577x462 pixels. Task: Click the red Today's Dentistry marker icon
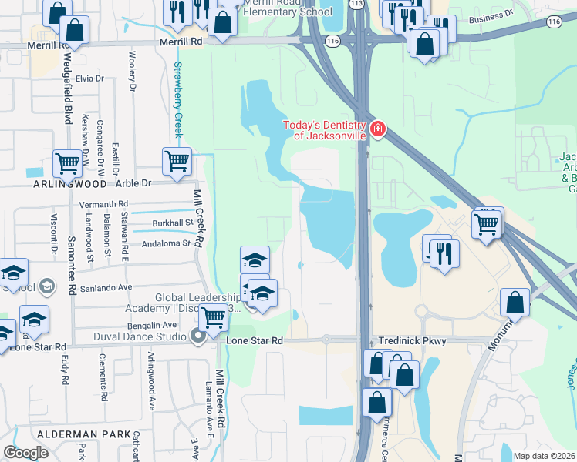pyautogui.click(x=377, y=129)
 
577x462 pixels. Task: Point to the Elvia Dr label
pyautogui.click(x=89, y=79)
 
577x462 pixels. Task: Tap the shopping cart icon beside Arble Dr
pyautogui.click(x=177, y=162)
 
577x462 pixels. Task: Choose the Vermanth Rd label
pyautogui.click(x=103, y=204)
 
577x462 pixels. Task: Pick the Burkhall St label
pyautogui.click(x=172, y=223)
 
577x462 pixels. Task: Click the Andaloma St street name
pyautogui.click(x=166, y=243)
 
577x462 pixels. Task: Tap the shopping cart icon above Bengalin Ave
pyautogui.click(x=213, y=316)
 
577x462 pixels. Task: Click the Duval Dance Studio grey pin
pyautogui.click(x=200, y=336)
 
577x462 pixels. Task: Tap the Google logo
pyautogui.click(x=25, y=452)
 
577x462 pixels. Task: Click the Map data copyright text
pyautogui.click(x=545, y=456)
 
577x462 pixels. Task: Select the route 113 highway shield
pyautogui.click(x=356, y=3)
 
